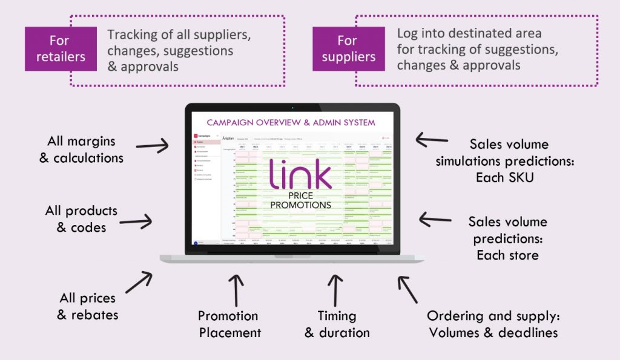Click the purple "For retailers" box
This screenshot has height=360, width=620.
click(61, 48)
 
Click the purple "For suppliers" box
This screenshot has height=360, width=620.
click(348, 48)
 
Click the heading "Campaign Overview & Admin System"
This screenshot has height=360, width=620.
click(291, 122)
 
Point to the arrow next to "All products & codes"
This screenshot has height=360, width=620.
click(136, 222)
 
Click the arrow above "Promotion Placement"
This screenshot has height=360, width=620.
click(236, 289)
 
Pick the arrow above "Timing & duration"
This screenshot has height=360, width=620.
click(335, 289)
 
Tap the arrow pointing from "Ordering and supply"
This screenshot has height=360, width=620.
click(407, 289)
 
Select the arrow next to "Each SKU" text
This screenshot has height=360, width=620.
click(432, 140)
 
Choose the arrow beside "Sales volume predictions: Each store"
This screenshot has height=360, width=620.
click(435, 219)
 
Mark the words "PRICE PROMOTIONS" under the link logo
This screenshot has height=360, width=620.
click(300, 201)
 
